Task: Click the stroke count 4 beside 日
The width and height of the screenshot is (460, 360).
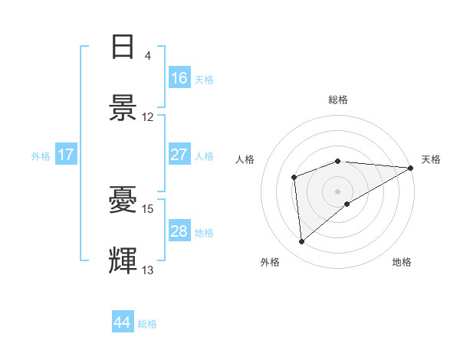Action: click(148, 56)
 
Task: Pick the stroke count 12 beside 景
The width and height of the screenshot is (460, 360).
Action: click(148, 117)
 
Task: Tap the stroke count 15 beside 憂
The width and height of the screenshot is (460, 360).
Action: click(148, 208)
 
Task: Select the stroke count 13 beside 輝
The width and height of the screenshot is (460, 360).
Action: click(148, 270)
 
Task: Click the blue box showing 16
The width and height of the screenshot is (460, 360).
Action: click(179, 78)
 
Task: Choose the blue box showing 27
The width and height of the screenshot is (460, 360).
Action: click(179, 155)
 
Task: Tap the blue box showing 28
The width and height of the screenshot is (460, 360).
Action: click(179, 231)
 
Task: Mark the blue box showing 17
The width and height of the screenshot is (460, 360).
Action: click(66, 155)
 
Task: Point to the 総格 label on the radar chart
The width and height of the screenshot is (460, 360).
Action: click(338, 100)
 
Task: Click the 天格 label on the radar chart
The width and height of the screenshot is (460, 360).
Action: click(431, 159)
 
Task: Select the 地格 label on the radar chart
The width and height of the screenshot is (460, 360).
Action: click(402, 262)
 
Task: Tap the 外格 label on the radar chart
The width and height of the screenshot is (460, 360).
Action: click(270, 262)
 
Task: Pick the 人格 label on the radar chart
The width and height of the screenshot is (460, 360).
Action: click(245, 159)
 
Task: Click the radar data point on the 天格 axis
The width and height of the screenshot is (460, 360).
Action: click(411, 168)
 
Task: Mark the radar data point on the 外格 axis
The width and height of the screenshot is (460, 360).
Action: click(302, 241)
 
